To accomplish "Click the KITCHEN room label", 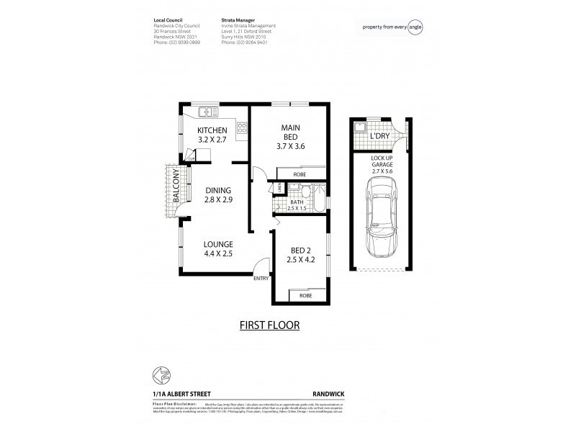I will tap(213, 130).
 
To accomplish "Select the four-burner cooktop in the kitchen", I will tap(242, 130).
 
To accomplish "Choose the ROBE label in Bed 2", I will tap(306, 295).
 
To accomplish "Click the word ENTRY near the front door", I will tap(261, 279).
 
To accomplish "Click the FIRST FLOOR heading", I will tap(269, 325).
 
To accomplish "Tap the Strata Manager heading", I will tap(238, 21).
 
